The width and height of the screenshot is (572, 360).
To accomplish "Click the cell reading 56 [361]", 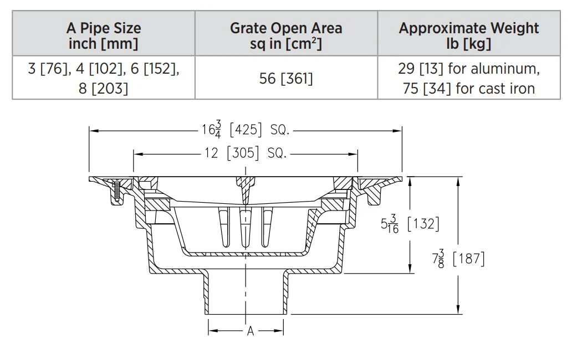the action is pyautogui.click(x=286, y=78).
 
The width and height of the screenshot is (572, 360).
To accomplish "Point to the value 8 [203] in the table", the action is pyautogui.click(x=104, y=88).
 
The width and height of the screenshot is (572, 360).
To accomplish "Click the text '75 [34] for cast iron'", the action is pyautogui.click(x=469, y=88).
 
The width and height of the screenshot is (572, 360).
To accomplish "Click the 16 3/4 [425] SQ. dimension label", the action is pyautogui.click(x=246, y=130).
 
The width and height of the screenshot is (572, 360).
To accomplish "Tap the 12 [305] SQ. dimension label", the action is pyautogui.click(x=245, y=153).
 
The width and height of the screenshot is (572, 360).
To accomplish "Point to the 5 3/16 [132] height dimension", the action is pyautogui.click(x=410, y=224).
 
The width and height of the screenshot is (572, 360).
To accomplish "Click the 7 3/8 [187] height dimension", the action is pyautogui.click(x=458, y=259).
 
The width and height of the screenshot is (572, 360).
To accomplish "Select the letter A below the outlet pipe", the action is pyautogui.click(x=251, y=331).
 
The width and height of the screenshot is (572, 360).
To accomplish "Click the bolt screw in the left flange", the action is pyautogui.click(x=116, y=192).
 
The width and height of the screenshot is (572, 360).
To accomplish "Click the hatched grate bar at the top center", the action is pyautogui.click(x=245, y=189).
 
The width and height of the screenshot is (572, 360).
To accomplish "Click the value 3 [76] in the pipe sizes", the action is pyautogui.click(x=48, y=68).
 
